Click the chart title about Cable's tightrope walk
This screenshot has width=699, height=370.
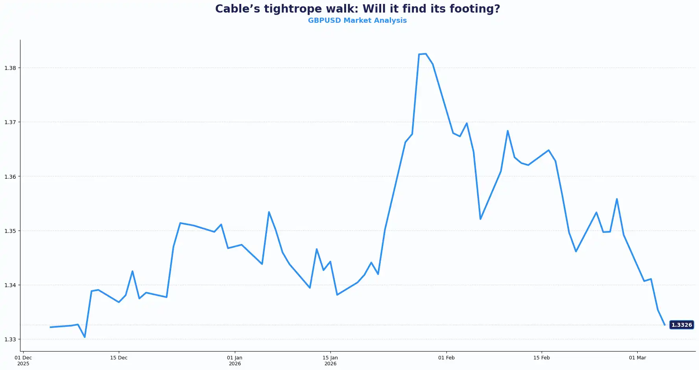(x=357, y=9)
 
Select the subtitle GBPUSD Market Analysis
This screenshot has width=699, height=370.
(x=357, y=20)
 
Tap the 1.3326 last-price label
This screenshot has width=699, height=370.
(x=681, y=325)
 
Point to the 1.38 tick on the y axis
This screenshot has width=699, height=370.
(x=10, y=68)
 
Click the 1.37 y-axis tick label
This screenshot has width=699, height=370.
(x=10, y=122)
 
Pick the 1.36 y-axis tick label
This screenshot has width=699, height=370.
(x=10, y=176)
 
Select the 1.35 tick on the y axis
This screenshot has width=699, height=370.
(x=10, y=231)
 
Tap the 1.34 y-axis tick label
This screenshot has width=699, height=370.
(x=10, y=285)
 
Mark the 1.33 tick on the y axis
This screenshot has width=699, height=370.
(x=10, y=339)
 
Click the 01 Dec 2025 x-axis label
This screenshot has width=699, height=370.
(x=23, y=360)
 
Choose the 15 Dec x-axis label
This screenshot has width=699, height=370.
(x=119, y=357)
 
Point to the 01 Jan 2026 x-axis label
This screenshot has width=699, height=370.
(x=235, y=360)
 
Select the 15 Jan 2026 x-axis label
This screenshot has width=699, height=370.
(x=330, y=360)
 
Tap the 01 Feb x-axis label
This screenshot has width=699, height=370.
(x=446, y=357)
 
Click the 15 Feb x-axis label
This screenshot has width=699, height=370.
(x=542, y=357)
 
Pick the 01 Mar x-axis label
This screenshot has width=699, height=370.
(x=637, y=357)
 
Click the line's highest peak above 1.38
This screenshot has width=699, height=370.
(x=426, y=54)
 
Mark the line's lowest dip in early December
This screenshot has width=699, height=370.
(x=85, y=337)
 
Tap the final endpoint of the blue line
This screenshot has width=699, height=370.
(x=664, y=325)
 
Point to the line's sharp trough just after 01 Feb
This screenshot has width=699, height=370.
(x=480, y=219)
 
